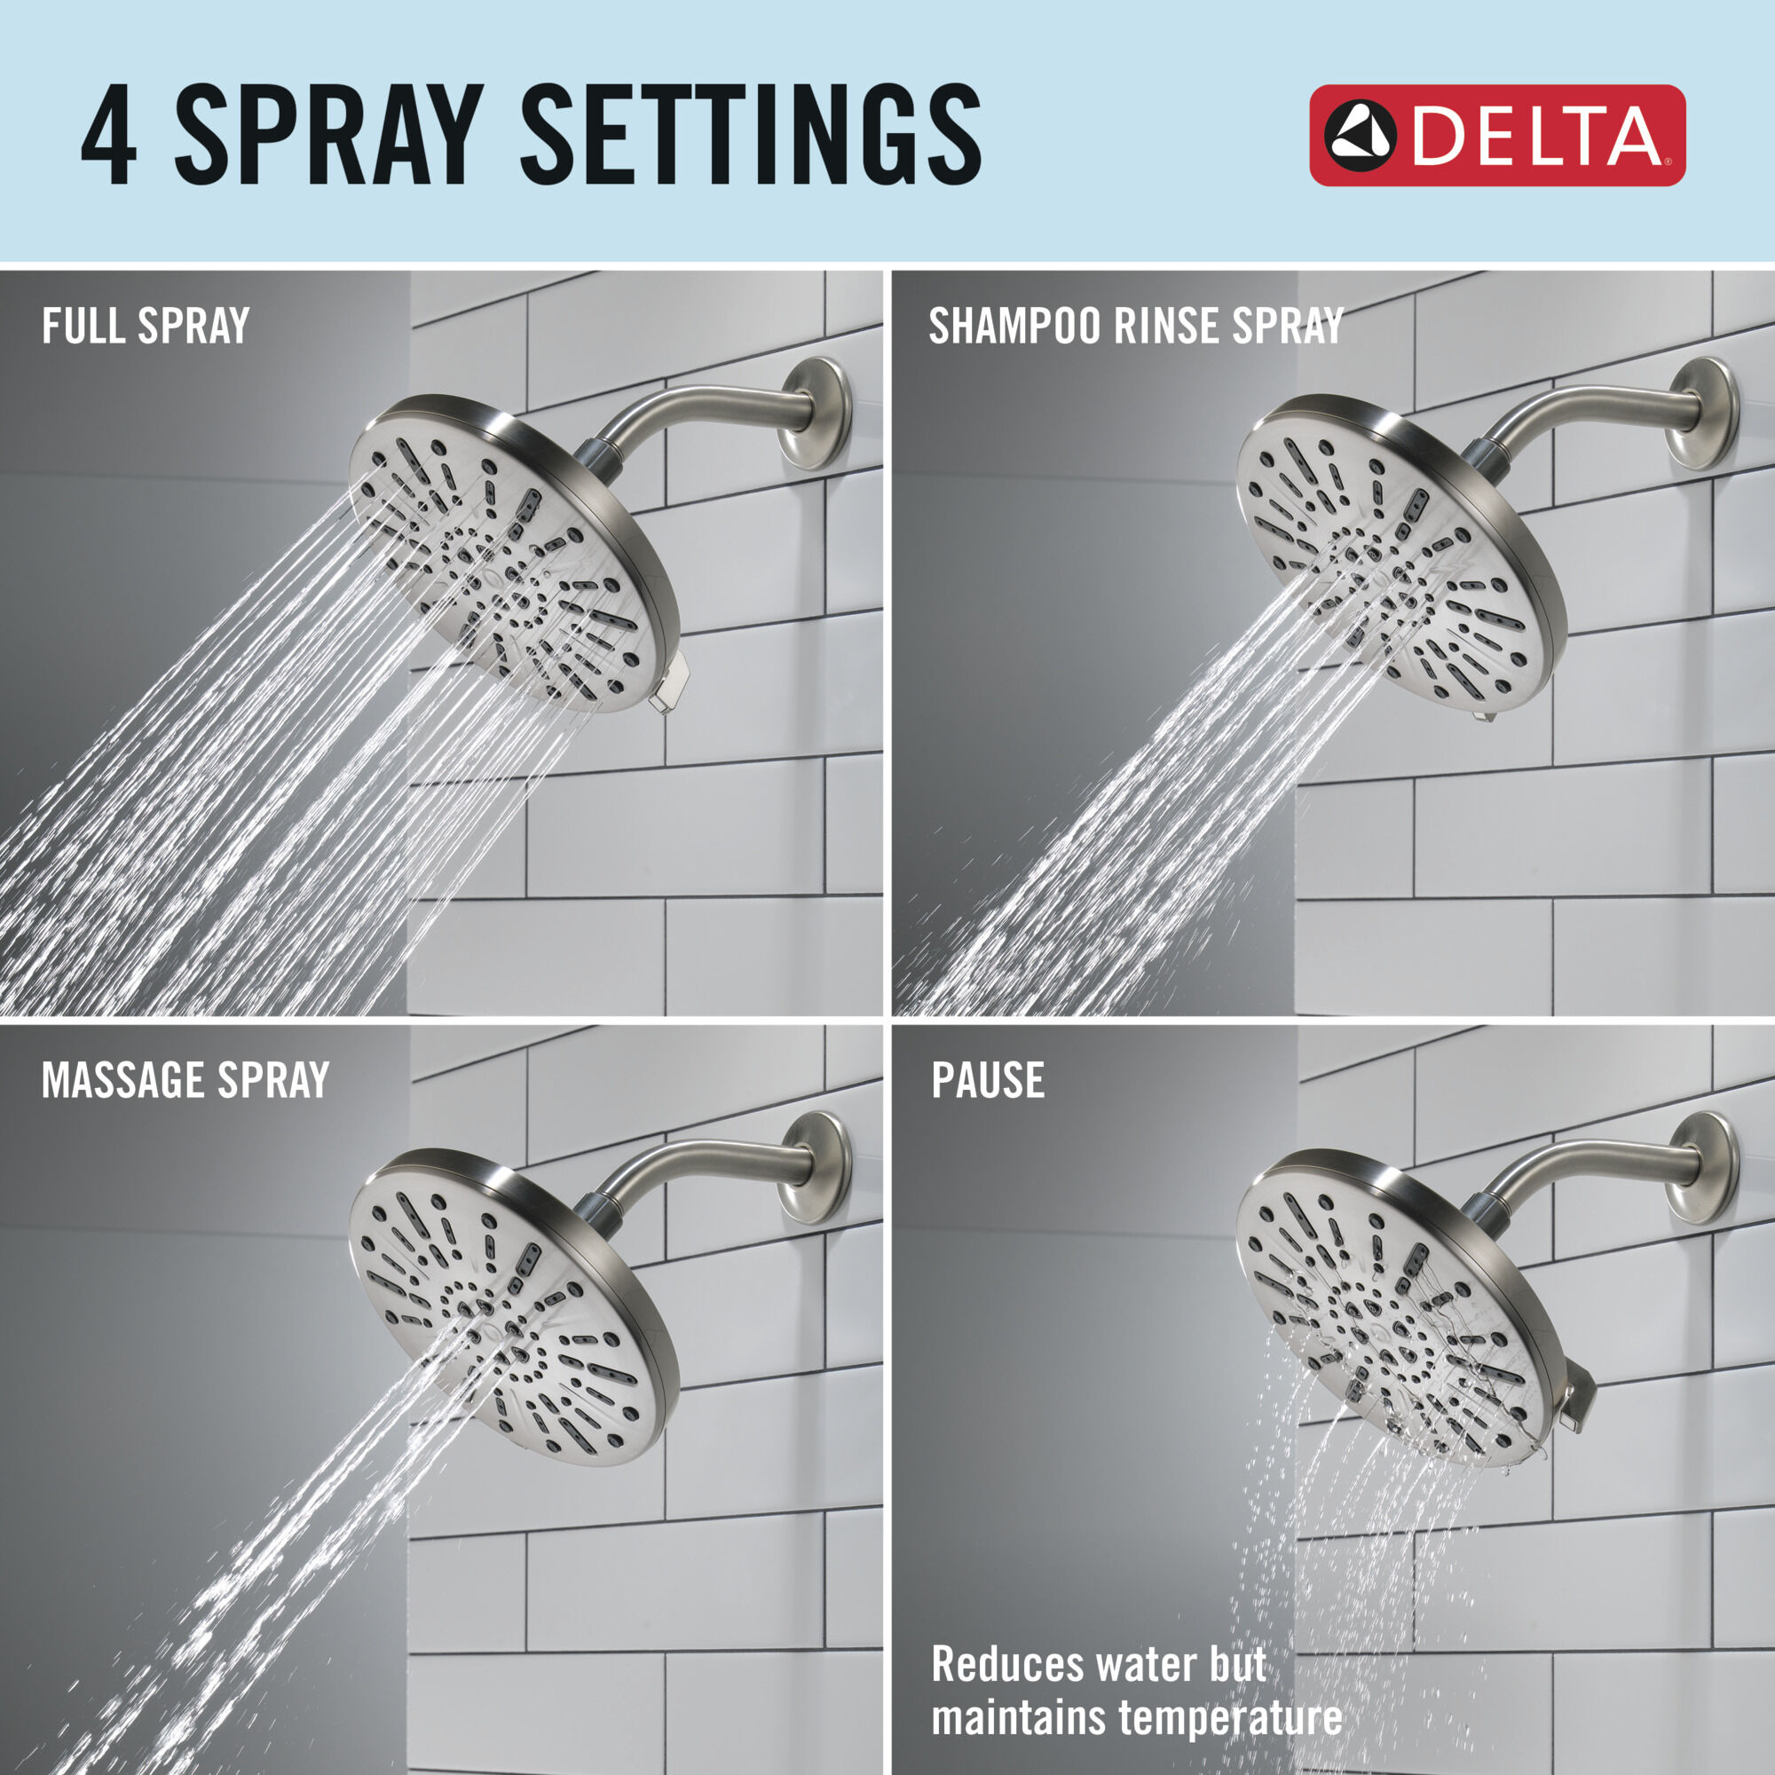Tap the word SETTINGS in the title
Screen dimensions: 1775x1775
pyautogui.click(x=751, y=136)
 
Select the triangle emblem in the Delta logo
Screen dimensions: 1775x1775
pyautogui.click(x=1361, y=136)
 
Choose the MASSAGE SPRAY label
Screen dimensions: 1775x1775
pyautogui.click(x=185, y=1080)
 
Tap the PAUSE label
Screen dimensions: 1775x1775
pyautogui.click(x=988, y=1080)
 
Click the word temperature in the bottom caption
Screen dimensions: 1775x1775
pyautogui.click(x=1229, y=1717)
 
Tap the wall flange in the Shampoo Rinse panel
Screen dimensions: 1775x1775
pyautogui.click(x=1701, y=414)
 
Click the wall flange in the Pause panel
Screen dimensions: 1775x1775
pyautogui.click(x=1701, y=1167)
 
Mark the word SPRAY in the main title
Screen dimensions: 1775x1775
pyautogui.click(x=329, y=136)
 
